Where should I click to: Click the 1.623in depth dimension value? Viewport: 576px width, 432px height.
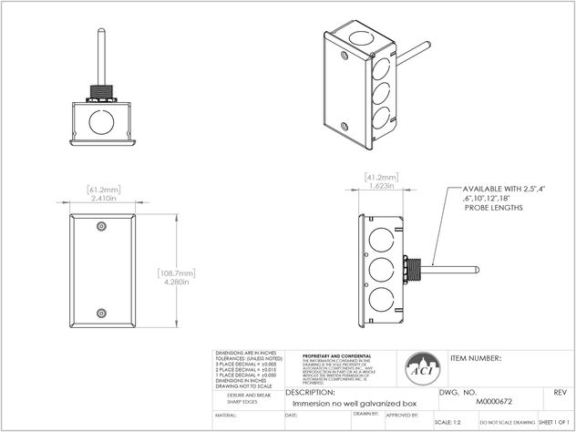376,185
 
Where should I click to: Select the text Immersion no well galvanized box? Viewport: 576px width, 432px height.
343,402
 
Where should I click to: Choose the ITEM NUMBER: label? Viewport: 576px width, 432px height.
476,358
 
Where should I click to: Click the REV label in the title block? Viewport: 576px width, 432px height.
560,391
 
